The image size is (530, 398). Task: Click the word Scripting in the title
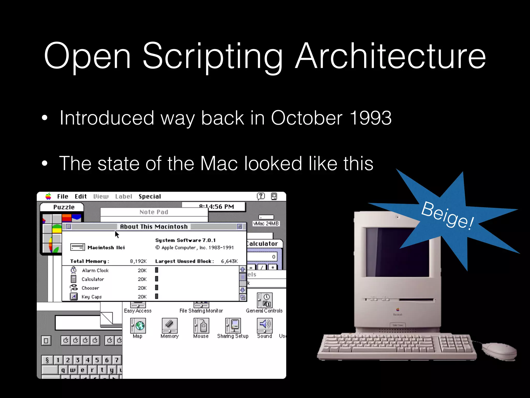pos(212,56)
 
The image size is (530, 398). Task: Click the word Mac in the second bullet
pos(219,164)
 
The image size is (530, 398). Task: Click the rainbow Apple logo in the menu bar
pos(48,196)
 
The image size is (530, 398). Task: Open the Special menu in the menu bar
pos(150,196)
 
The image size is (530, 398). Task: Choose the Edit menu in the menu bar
pos(80,196)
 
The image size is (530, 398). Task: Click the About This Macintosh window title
pos(154,227)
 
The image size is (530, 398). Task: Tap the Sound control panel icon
pos(264,326)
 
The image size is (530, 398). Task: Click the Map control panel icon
pos(138,326)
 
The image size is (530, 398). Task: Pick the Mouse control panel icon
pos(201,326)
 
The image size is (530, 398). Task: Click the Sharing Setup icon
pos(233,326)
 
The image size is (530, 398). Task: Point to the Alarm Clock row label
pos(95,271)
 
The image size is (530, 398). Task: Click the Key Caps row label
pos(92,297)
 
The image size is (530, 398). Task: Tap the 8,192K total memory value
pos(138,261)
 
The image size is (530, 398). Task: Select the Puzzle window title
pos(64,207)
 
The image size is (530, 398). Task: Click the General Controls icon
pos(264,301)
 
